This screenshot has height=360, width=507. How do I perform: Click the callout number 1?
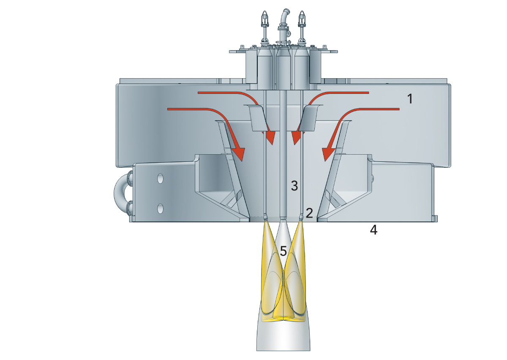point(410,99)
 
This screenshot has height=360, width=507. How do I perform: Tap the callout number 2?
point(309,213)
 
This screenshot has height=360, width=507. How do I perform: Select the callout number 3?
point(294,185)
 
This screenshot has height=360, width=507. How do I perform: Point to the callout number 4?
point(373,230)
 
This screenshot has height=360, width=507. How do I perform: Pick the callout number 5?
point(283,251)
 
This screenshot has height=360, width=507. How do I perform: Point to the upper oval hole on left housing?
point(160,179)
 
